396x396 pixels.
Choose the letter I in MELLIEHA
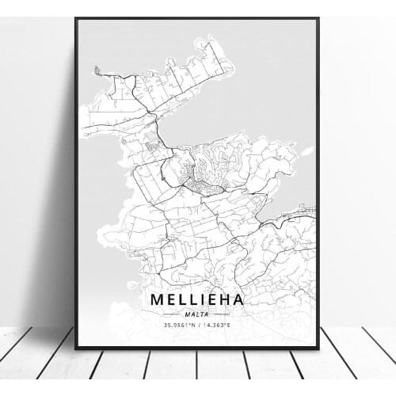tap(198, 301)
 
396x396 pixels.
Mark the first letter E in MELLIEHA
tap(169, 301)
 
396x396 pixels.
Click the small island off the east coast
tap(307, 150)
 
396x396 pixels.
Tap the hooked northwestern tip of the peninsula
tap(97, 70)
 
